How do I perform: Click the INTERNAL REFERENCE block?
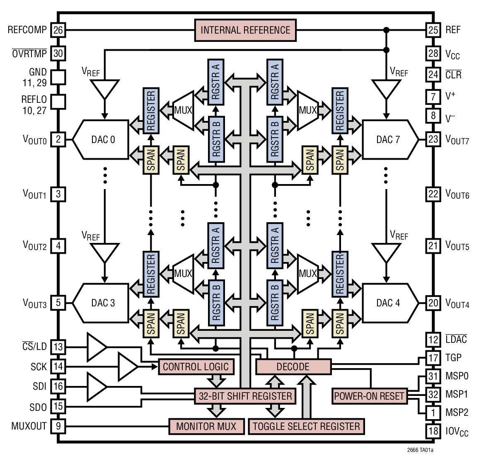click(x=245, y=30)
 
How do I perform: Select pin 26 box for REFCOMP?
click(x=58, y=30)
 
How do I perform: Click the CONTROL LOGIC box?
click(x=196, y=367)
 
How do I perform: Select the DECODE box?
click(x=293, y=367)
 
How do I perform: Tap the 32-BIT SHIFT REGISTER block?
click(x=245, y=396)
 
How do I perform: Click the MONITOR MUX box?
click(x=206, y=427)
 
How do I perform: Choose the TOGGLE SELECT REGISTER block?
click(x=306, y=427)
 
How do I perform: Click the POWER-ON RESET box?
click(x=369, y=396)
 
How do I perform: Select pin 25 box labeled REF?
click(x=433, y=30)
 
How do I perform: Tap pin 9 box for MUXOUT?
click(x=58, y=426)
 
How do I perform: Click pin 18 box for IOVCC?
click(x=433, y=431)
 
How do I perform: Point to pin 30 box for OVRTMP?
click(x=58, y=53)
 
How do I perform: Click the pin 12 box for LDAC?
click(x=433, y=340)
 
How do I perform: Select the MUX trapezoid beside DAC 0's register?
click(x=183, y=110)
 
